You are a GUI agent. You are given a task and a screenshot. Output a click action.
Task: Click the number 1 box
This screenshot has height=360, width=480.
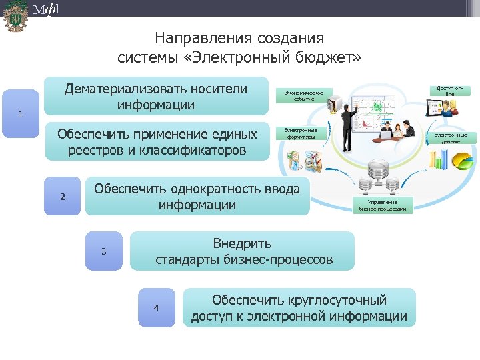point(21,113)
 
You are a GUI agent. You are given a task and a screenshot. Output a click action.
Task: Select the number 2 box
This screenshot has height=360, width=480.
point(62,196)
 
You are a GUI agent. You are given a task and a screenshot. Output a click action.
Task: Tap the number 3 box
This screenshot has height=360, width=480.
point(103,251)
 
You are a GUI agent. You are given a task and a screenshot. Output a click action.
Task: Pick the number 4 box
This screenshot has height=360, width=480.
point(156,307)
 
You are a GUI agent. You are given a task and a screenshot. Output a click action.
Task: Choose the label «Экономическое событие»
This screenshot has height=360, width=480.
point(303,95)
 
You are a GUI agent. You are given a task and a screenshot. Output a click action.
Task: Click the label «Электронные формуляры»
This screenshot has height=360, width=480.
point(301,133)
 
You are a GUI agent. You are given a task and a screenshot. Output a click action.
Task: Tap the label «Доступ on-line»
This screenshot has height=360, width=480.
point(449,91)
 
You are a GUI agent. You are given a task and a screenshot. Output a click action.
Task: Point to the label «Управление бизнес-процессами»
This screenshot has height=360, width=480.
point(383,205)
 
